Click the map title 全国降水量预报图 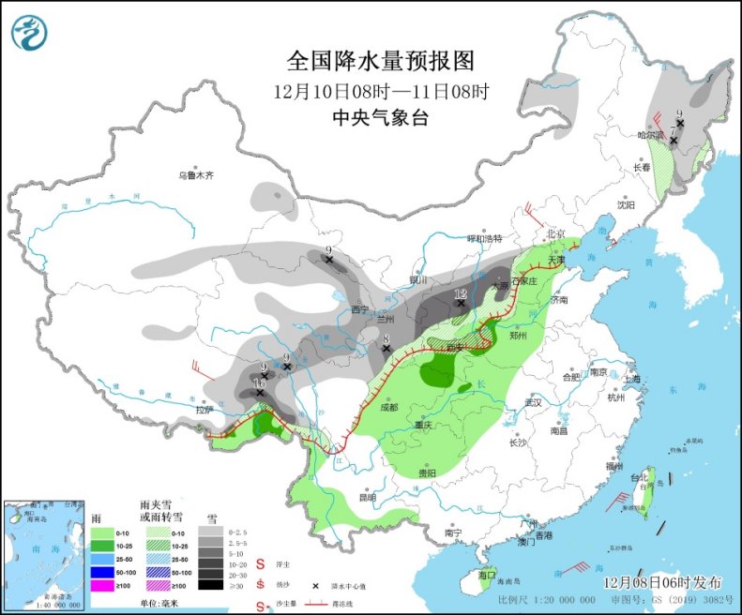pyautogui.click(x=381, y=62)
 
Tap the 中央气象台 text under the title pyautogui.click(x=381, y=117)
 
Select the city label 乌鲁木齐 pyautogui.click(x=196, y=174)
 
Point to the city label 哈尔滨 pyautogui.click(x=650, y=135)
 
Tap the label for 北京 pyautogui.click(x=556, y=233)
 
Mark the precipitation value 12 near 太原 pyautogui.click(x=461, y=294)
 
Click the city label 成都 pyautogui.click(x=389, y=407)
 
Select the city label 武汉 pyautogui.click(x=534, y=401)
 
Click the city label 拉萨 pyautogui.click(x=204, y=410)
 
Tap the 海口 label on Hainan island pyautogui.click(x=486, y=574)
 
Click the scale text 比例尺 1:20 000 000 pyautogui.click(x=544, y=597)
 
